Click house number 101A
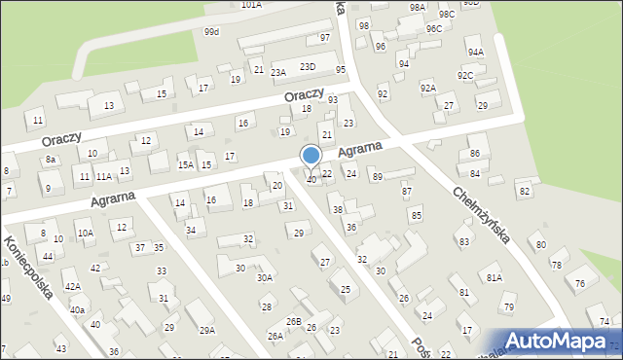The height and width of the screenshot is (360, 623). [251, 5]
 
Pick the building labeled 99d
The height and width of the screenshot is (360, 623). [211, 31]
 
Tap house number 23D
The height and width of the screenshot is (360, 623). [308, 66]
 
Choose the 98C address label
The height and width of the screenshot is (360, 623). [446, 15]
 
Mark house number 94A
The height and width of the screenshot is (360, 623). [475, 52]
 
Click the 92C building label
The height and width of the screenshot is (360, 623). [466, 75]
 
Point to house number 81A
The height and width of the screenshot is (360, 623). [495, 277]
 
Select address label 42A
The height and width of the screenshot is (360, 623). [72, 287]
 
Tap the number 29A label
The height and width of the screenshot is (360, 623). [206, 330]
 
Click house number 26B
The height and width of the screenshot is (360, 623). [293, 321]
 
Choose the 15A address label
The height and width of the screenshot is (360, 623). [185, 165]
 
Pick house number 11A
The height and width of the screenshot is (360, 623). [103, 177]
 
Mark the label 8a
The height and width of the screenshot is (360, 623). [51, 159]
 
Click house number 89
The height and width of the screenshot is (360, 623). [377, 176]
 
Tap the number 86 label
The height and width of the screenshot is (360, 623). [474, 154]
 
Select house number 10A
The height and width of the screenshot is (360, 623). [86, 233]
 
